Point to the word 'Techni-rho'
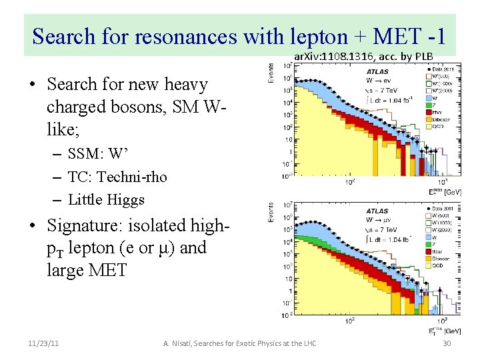[136, 177]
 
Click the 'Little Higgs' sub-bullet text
[106, 199]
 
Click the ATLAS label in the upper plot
[377, 71]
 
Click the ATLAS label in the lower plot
[377, 211]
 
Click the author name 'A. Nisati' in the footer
[179, 343]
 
